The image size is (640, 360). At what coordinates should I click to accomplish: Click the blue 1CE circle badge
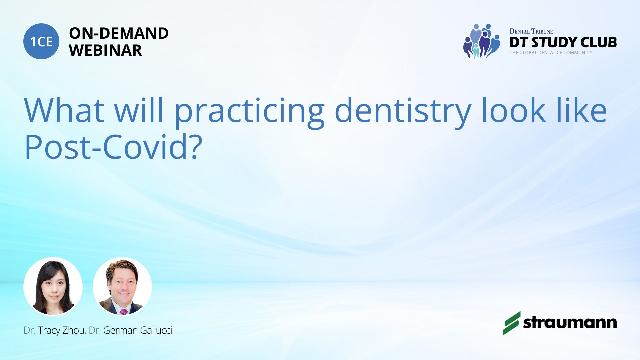point(41,41)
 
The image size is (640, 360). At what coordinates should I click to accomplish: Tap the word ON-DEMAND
point(119,33)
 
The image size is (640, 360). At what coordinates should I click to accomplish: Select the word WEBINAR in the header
point(105,50)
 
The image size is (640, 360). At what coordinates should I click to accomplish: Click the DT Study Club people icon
point(482,41)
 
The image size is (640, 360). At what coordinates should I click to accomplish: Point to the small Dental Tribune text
point(531,31)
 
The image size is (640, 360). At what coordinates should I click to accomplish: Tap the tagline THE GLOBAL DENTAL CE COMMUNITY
point(551,53)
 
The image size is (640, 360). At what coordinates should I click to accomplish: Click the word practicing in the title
point(249,111)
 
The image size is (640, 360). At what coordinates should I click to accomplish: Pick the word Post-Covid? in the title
point(113,147)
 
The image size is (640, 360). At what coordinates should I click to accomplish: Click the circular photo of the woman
point(53,286)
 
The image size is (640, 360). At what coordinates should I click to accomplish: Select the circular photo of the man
point(122,286)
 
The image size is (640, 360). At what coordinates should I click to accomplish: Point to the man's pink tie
point(124,312)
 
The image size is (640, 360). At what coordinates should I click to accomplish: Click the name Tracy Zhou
point(62,330)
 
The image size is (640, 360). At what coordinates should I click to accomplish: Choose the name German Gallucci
point(138,330)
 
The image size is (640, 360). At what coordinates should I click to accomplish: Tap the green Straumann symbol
point(512,323)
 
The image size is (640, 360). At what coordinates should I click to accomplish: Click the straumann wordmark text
point(570,322)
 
